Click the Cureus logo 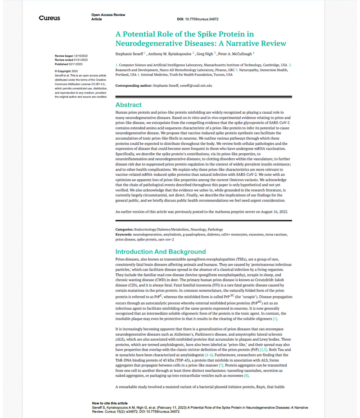tap(49, 18)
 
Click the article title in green tap(201, 39)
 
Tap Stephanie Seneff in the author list tap(133, 54)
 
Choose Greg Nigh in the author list tap(207, 54)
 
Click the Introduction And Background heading tap(160, 252)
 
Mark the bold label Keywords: tap(126, 234)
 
